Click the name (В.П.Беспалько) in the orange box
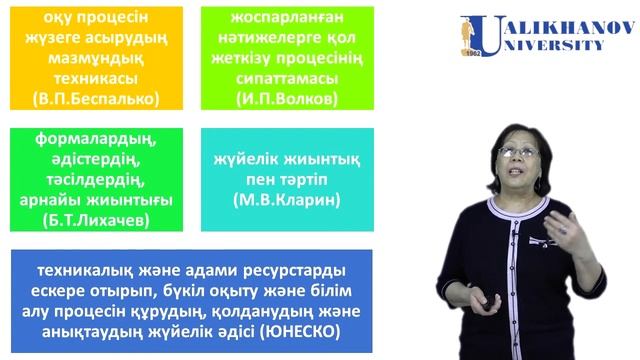coord(96,99)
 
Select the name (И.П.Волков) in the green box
coord(286,99)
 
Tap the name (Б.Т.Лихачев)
coord(96,218)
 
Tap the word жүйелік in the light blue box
coord(249,160)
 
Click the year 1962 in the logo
coord(475,53)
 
